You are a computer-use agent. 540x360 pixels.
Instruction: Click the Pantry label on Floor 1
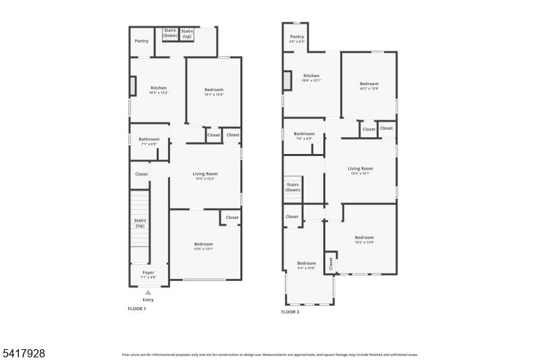tap(141, 41)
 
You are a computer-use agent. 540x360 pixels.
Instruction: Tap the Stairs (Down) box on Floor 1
tap(170, 34)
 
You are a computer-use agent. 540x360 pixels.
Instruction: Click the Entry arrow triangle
tap(148, 292)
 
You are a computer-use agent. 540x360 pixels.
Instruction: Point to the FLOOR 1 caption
tap(137, 309)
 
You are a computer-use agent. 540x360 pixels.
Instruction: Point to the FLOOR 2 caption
tap(290, 311)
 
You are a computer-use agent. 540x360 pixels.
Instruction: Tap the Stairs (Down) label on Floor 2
tap(293, 187)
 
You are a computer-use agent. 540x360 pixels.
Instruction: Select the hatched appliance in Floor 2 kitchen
tap(287, 81)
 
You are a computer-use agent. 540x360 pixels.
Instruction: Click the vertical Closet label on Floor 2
tap(331, 264)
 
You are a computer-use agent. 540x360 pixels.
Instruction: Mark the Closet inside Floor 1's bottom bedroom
tap(232, 217)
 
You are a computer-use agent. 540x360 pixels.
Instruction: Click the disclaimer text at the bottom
tap(270, 354)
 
